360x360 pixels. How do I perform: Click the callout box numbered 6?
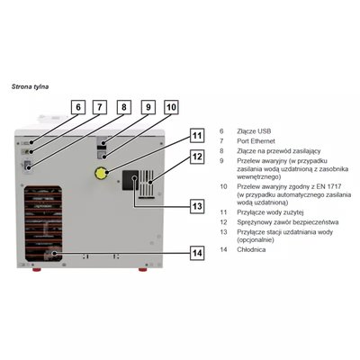pyautogui.click(x=78, y=107)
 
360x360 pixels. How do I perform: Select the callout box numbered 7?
pyautogui.click(x=100, y=107)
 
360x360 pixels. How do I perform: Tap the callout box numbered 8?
pyautogui.click(x=124, y=107)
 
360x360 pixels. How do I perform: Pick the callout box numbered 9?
pyautogui.click(x=148, y=107)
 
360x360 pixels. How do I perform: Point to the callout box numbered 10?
pyautogui.click(x=171, y=107)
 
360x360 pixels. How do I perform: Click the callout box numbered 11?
pyautogui.click(x=197, y=136)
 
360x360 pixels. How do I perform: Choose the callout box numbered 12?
pyautogui.click(x=197, y=157)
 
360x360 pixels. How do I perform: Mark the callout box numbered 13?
pyautogui.click(x=197, y=206)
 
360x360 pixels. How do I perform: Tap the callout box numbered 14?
pyautogui.click(x=197, y=253)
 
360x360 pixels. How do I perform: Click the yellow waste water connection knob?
pyautogui.click(x=101, y=174)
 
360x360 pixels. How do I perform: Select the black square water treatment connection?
pyautogui.click(x=130, y=180)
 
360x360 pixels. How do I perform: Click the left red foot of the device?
pyautogui.click(x=37, y=269)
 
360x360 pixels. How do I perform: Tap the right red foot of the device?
pyautogui.click(x=142, y=269)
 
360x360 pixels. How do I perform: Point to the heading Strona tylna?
pyautogui.click(x=30, y=86)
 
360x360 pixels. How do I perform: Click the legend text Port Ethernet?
pyautogui.click(x=256, y=141)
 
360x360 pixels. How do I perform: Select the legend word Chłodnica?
pyautogui.click(x=251, y=249)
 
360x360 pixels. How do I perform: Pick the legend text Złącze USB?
pyautogui.click(x=254, y=131)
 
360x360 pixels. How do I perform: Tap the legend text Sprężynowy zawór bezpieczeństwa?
pyautogui.click(x=288, y=222)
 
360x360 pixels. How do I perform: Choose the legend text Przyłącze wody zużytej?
pyautogui.click(x=270, y=212)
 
